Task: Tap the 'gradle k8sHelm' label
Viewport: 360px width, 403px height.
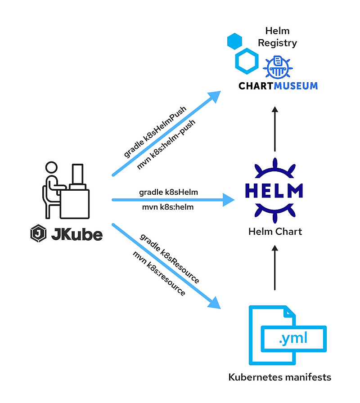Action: click(168, 192)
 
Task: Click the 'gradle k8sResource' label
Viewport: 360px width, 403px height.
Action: click(169, 258)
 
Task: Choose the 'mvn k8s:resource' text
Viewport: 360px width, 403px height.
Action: click(159, 273)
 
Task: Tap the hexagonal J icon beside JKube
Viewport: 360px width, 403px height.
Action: click(38, 234)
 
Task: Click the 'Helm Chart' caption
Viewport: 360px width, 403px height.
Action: click(275, 232)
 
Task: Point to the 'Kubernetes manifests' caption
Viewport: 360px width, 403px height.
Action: click(279, 377)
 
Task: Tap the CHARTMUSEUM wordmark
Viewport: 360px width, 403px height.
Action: click(279, 85)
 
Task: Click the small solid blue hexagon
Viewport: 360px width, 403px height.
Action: click(234, 41)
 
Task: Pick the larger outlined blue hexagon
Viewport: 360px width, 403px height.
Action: click(247, 62)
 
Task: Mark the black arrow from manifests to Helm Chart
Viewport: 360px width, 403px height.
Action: click(275, 268)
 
